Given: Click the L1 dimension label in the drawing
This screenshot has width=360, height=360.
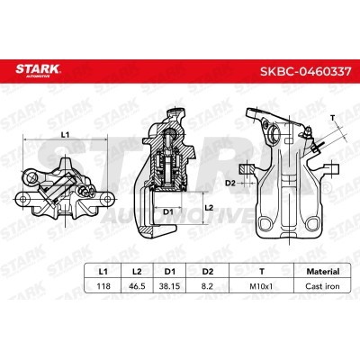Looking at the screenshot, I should click(65, 135).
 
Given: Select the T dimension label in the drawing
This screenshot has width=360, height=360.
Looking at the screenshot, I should click(332, 117).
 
